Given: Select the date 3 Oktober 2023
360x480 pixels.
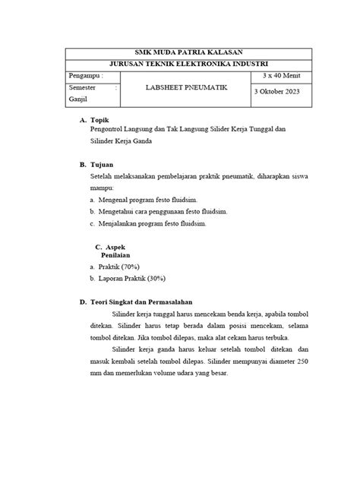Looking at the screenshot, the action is (x=282, y=91).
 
